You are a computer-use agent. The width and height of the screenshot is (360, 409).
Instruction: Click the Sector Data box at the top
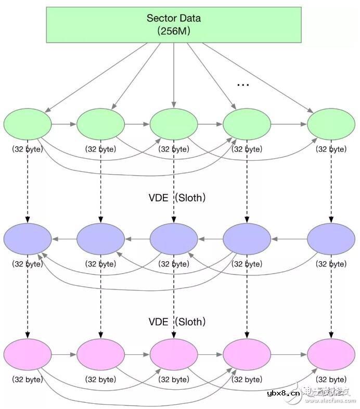pos(173,24)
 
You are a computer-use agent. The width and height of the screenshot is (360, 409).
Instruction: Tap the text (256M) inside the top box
pos(174,31)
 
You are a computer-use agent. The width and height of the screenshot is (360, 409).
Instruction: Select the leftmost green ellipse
pos(28,124)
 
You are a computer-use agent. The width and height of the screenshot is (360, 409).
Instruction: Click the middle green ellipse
pos(174,124)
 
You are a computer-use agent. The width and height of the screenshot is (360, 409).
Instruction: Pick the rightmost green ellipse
pos(331,124)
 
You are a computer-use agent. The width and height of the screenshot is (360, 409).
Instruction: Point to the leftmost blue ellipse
pos(28,239)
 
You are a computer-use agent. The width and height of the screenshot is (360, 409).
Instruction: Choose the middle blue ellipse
pos(174,239)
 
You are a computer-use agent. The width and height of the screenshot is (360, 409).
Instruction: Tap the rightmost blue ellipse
pos(331,239)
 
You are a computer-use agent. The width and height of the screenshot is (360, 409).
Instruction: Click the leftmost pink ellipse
pos(28,354)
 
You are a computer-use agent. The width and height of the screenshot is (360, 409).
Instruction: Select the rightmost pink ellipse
pos(331,354)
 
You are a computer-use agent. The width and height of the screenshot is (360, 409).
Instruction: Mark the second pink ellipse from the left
pos(100,354)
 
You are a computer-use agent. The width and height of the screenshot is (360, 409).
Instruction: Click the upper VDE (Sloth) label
pos(177,198)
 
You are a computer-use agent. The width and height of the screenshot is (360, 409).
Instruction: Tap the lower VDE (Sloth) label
pos(177,322)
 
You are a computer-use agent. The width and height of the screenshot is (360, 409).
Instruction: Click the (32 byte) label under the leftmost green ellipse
pos(28,149)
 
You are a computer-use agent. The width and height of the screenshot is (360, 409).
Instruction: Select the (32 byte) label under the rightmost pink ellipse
pos(331,379)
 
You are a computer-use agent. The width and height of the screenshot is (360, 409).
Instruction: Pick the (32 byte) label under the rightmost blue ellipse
pos(331,264)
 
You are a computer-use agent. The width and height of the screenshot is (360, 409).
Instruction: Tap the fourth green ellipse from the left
pos(247,124)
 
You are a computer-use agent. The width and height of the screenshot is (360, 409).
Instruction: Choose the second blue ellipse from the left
pos(100,239)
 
